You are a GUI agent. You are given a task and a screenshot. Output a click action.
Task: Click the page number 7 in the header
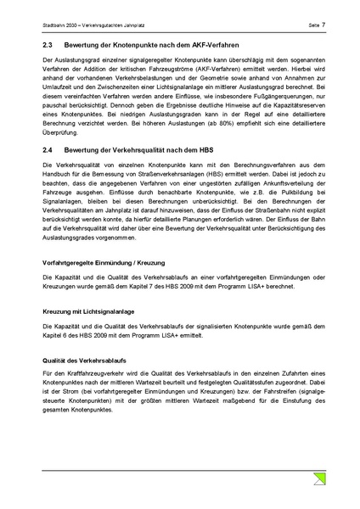(316, 25)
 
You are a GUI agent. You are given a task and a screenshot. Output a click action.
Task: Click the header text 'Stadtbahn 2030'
(59, 25)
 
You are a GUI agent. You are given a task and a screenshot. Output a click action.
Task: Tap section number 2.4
(48, 149)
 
